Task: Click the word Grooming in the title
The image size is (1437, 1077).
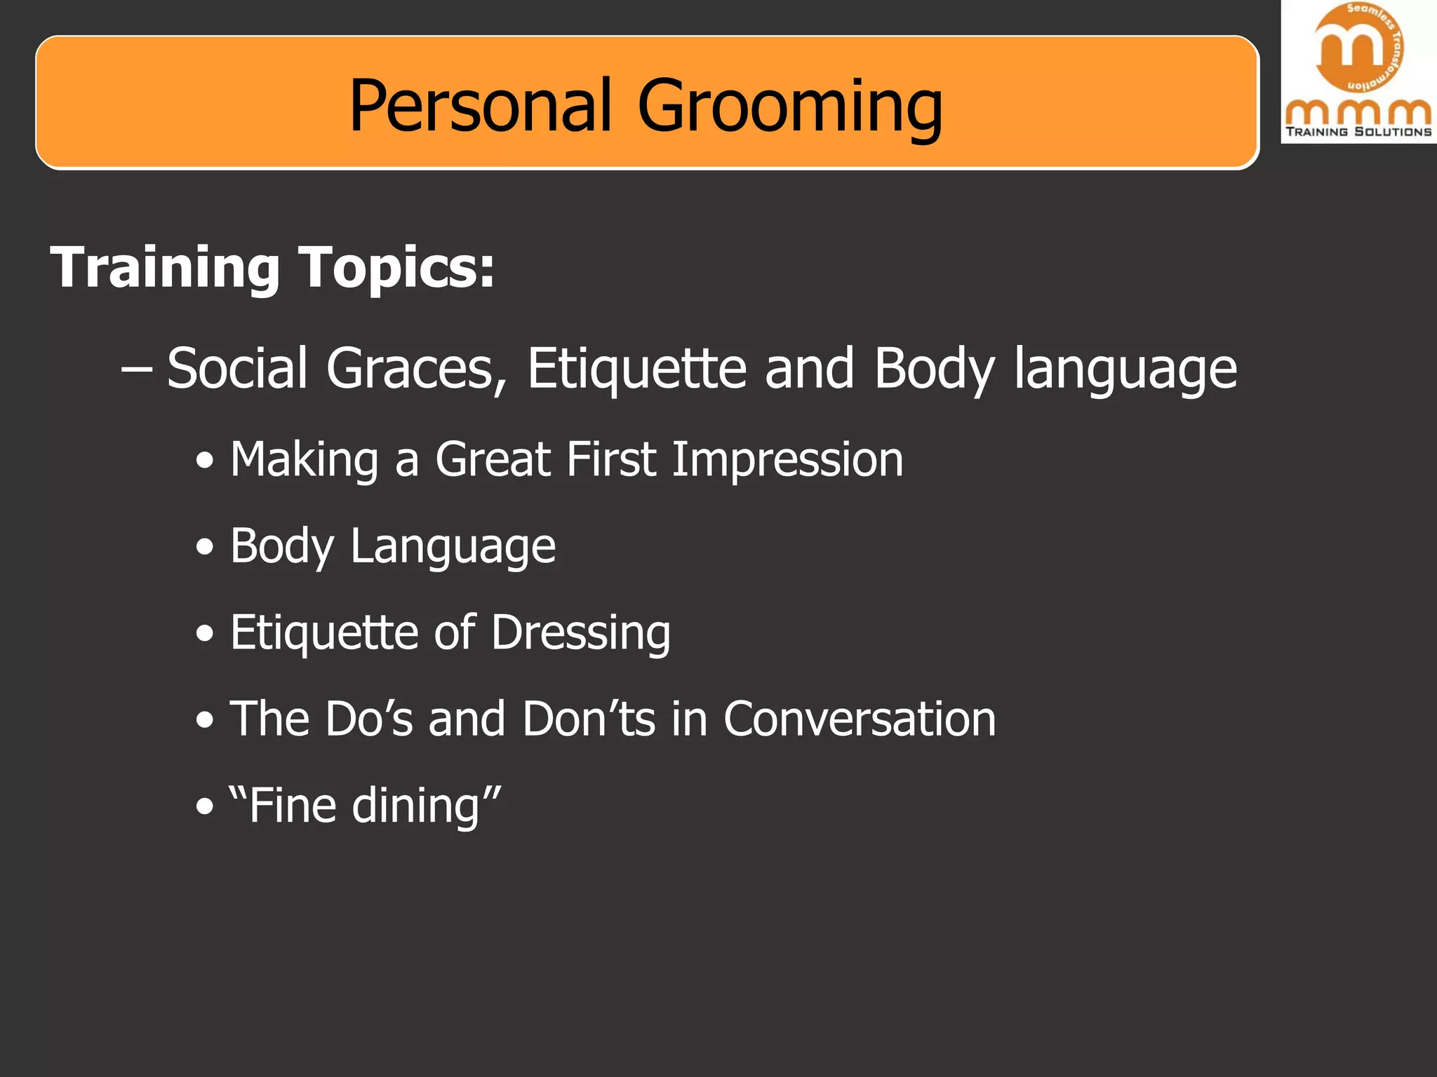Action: [790, 107]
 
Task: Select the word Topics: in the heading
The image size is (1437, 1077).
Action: [397, 269]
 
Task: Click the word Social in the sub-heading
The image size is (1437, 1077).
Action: [237, 368]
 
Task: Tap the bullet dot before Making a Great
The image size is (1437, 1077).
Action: [204, 461]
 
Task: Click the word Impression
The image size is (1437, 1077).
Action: [787, 461]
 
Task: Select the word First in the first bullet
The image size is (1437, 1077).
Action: [611, 459]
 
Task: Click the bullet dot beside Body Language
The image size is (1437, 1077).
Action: [204, 548]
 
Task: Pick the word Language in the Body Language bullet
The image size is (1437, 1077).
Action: [453, 547]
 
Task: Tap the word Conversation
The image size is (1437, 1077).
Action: [860, 719]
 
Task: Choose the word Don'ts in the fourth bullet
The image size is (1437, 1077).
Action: [589, 719]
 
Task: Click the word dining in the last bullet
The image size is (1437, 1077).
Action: [415, 805]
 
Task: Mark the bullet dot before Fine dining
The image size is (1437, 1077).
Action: [204, 806]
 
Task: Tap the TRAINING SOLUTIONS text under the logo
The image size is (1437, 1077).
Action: [1358, 132]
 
